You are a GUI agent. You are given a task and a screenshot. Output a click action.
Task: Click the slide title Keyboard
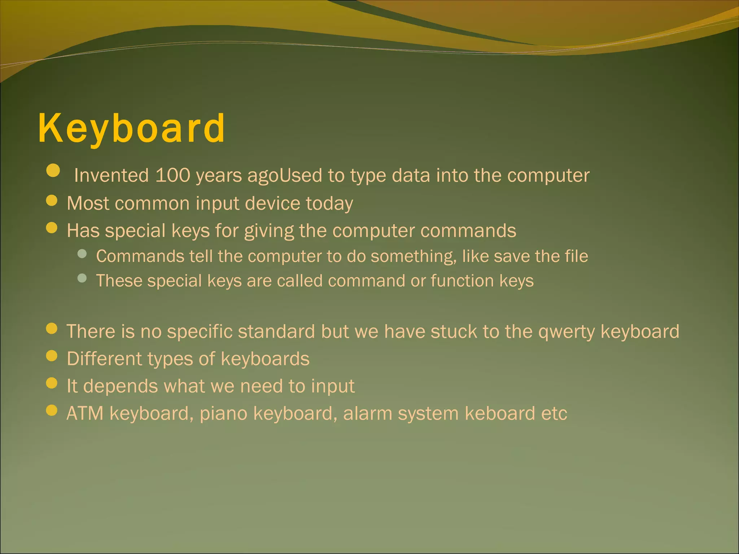pos(132,128)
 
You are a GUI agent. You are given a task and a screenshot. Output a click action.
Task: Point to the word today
pos(329,204)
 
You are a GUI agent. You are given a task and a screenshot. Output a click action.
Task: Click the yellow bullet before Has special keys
pos(52,228)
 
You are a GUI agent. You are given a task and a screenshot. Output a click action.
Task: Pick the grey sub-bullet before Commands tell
pos(82,254)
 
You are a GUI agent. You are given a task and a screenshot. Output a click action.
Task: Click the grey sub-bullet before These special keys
pos(82,278)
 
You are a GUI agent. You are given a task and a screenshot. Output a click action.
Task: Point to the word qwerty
pos(566,332)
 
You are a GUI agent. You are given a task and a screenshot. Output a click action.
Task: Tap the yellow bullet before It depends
pos(52,383)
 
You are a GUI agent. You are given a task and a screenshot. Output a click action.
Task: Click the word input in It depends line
pos(333,387)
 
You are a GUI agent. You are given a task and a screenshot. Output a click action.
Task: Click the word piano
pos(223,414)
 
